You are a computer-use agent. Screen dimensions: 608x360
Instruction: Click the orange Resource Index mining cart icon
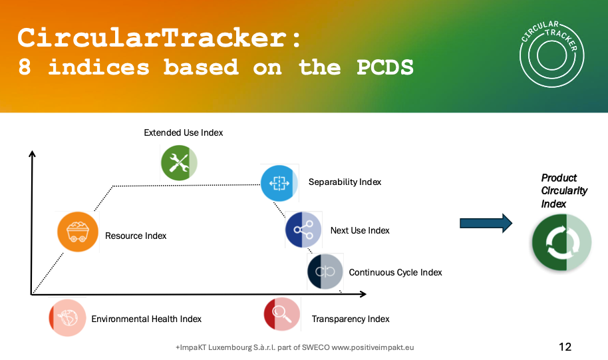click(78, 232)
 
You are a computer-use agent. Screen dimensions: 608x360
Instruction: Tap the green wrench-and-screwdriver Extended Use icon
click(179, 162)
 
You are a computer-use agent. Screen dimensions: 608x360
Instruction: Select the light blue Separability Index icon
click(279, 183)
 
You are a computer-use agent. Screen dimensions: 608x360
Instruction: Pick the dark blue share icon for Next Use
click(303, 230)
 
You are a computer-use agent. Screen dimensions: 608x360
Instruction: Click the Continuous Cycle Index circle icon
click(325, 271)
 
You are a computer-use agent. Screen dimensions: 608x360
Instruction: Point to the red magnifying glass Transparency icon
click(282, 314)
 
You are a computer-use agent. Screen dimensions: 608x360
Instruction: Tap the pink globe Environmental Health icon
click(67, 317)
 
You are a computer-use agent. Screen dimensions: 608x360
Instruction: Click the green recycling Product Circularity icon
click(561, 242)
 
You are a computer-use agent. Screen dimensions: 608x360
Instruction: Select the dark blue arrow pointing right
click(486, 223)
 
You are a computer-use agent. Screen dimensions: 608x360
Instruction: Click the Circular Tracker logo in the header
click(551, 54)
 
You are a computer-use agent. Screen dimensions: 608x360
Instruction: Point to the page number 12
click(565, 347)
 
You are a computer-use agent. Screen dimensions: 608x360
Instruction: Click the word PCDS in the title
click(385, 67)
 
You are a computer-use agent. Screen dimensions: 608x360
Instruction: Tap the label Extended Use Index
click(184, 132)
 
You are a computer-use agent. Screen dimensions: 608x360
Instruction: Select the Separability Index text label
click(345, 182)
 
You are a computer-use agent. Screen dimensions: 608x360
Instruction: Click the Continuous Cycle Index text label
click(396, 272)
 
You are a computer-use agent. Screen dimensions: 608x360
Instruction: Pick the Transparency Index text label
click(351, 319)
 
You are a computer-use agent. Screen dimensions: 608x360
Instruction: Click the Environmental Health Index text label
click(146, 319)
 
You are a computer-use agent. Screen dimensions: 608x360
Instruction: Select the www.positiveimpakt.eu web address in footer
click(373, 347)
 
